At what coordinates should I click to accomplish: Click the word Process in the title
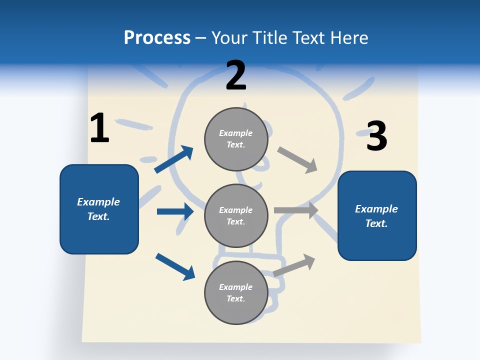coord(157,38)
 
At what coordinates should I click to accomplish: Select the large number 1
coord(99,128)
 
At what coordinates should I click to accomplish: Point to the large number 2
coord(236,75)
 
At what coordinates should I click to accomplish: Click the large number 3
coord(376,136)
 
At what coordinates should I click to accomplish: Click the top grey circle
coord(236,139)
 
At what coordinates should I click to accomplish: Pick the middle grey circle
coord(236,216)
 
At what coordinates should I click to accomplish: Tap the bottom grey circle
coord(236,293)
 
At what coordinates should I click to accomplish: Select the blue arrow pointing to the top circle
coord(174,159)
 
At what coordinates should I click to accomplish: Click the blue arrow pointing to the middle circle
coord(175,211)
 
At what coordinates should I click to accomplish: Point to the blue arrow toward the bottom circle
coord(175,266)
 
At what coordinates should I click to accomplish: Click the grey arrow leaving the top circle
coord(297,160)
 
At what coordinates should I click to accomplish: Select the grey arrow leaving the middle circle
coord(296,210)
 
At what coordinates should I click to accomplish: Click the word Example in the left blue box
coord(98,202)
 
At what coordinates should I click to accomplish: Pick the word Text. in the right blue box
coord(376,223)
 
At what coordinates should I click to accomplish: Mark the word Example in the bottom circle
coord(236,287)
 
